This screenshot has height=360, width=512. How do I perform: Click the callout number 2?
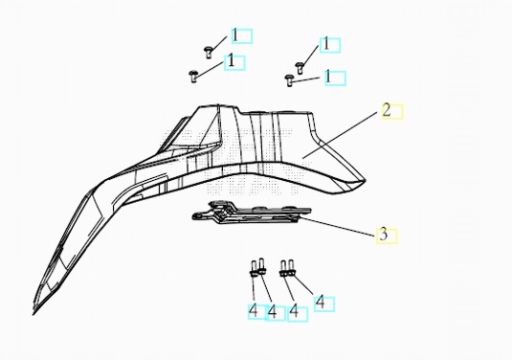pyautogui.click(x=387, y=110)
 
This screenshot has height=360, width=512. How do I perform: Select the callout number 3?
pyautogui.click(x=383, y=235)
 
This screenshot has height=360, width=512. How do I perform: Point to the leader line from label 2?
pyautogui.click(x=340, y=135)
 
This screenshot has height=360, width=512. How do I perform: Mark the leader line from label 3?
pyautogui.click(x=337, y=226)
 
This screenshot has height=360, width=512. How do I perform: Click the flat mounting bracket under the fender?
pyautogui.click(x=252, y=214)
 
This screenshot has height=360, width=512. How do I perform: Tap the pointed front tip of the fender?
pyautogui.click(x=33, y=314)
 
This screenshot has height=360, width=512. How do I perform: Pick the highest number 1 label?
pyautogui.click(x=234, y=35)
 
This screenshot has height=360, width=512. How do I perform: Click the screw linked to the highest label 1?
pyautogui.click(x=209, y=53)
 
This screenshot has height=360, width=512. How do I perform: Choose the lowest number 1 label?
pyautogui.click(x=328, y=78)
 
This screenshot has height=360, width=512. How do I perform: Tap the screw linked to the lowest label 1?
pyautogui.click(x=289, y=80)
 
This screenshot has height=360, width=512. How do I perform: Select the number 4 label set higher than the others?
pyautogui.click(x=321, y=303)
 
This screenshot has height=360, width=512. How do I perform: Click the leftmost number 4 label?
pyautogui.click(x=254, y=311)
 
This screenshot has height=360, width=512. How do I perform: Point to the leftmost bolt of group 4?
pyautogui.click(x=254, y=269)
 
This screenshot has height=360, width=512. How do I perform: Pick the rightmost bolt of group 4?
pyautogui.click(x=292, y=268)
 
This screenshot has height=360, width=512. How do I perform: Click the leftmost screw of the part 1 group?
pyautogui.click(x=193, y=76)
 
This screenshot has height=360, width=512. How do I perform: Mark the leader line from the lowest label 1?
pyautogui.click(x=306, y=79)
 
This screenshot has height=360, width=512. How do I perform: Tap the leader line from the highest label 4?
pyautogui.click(x=302, y=284)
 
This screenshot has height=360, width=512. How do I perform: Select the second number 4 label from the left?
pyautogui.click(x=272, y=312)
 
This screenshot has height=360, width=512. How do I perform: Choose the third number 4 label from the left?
pyautogui.click(x=294, y=311)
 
